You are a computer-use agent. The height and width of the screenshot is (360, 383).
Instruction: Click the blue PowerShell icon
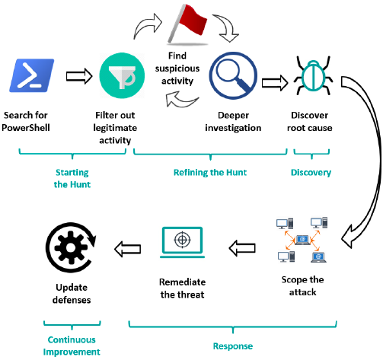coord(32,75)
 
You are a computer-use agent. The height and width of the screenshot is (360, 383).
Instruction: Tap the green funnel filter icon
coord(122,75)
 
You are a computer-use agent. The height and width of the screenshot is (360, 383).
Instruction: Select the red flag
coord(188,24)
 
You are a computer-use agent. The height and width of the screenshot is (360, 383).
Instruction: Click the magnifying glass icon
coord(233,75)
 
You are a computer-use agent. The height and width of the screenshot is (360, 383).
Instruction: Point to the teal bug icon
coord(313,75)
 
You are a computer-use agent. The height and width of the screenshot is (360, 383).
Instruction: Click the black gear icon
coord(71,247)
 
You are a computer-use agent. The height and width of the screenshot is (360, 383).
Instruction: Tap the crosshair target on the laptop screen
coord(182,239)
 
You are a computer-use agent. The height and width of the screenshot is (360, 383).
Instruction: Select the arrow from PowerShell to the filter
coord(79,76)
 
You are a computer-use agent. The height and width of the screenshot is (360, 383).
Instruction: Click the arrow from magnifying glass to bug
coord(275,83)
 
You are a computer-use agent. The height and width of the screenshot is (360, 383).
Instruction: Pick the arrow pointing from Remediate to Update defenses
coord(128,249)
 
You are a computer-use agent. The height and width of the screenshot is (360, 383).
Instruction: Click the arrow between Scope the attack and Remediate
coord(242,248)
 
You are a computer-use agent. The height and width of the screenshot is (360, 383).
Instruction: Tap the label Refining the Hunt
coord(210,173)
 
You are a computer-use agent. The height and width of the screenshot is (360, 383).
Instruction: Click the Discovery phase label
coord(311,173)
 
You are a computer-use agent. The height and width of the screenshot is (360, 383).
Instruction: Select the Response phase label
coord(233,346)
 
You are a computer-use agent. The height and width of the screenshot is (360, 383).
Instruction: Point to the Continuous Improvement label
coord(72,346)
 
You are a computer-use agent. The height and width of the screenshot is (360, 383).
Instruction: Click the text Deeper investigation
coord(233,122)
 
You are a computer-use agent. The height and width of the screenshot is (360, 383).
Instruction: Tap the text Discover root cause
coord(310,122)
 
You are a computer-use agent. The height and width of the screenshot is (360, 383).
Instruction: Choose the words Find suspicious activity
coord(177,68)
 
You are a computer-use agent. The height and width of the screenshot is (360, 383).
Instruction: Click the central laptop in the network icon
coord(302,240)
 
